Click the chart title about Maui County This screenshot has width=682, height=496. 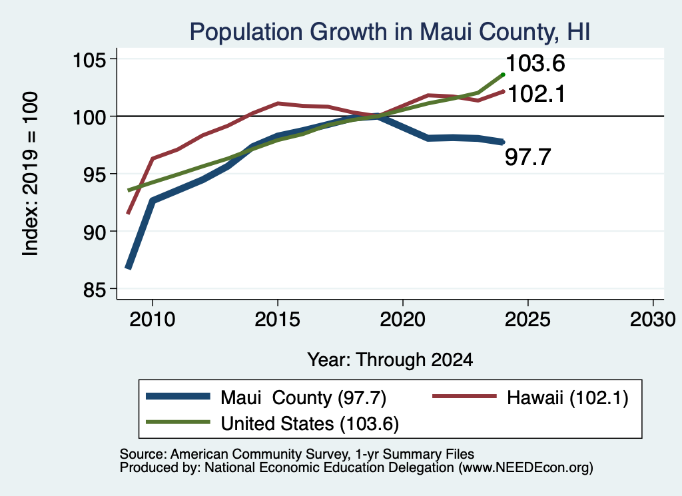pyautogui.click(x=390, y=32)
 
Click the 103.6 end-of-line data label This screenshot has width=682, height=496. pyautogui.click(x=535, y=63)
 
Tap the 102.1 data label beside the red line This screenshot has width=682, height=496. pyautogui.click(x=536, y=94)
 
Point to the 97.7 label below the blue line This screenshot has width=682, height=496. pyautogui.click(x=528, y=157)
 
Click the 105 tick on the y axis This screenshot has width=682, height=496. pyautogui.click(x=89, y=59)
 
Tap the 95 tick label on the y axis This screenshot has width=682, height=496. pyautogui.click(x=95, y=174)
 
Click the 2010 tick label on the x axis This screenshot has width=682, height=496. pyautogui.click(x=153, y=320)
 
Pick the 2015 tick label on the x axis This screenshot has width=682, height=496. pyautogui.click(x=278, y=320)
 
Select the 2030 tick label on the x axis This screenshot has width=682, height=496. pyautogui.click(x=653, y=320)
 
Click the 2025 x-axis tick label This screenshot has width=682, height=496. pyautogui.click(x=527, y=320)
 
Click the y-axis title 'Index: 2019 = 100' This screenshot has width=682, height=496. pyautogui.click(x=31, y=174)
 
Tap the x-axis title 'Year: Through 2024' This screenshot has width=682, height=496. pyautogui.click(x=390, y=360)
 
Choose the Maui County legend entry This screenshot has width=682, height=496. pyautogui.click(x=266, y=397)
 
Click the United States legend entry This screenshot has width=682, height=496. pyautogui.click(x=272, y=423)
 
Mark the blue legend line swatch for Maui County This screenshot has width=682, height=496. pyautogui.click(x=178, y=396)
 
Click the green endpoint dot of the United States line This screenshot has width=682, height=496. pyautogui.click(x=504, y=75)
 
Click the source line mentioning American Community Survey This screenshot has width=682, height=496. pyautogui.click(x=296, y=454)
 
